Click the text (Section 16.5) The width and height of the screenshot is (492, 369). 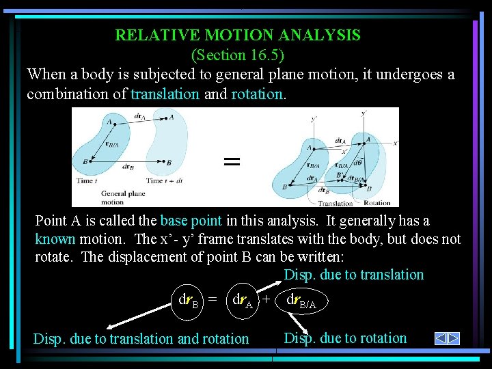(x=237, y=53)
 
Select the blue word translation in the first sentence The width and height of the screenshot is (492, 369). (x=165, y=94)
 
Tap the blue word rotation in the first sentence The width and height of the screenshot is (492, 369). (x=256, y=94)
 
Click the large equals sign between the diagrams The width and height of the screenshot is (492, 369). (x=232, y=162)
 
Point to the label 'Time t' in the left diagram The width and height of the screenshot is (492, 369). (x=87, y=180)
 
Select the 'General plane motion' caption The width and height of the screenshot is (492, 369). (x=123, y=198)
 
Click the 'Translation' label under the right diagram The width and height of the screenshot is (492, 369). (x=335, y=203)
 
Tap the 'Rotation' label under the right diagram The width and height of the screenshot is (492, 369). (x=377, y=203)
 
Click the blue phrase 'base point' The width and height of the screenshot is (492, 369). (x=191, y=221)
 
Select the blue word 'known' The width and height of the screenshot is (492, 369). (x=55, y=239)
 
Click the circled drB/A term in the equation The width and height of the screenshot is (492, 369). (x=301, y=301)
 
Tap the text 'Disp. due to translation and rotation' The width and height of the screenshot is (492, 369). (x=141, y=338)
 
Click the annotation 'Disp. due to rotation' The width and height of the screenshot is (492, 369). (x=345, y=338)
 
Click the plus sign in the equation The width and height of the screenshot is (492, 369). (x=266, y=300)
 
